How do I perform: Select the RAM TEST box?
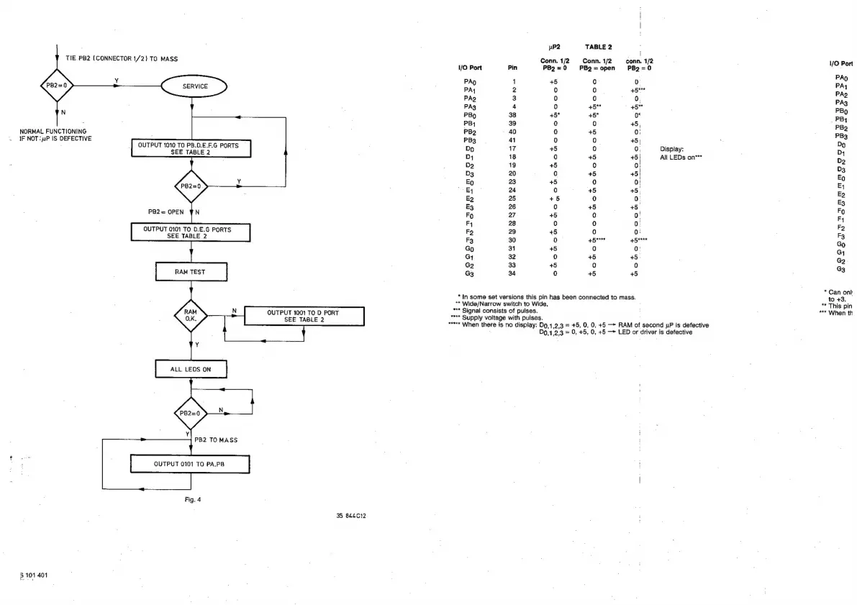click(x=191, y=272)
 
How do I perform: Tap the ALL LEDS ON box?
click(x=191, y=369)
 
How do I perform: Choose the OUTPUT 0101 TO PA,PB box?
click(x=191, y=464)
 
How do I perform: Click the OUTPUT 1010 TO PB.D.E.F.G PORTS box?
click(x=190, y=149)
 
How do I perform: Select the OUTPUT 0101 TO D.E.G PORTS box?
click(x=191, y=232)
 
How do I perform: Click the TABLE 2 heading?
click(x=598, y=47)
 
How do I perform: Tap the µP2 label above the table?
click(x=554, y=47)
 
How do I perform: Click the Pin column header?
click(x=512, y=68)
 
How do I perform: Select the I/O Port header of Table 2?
click(x=470, y=68)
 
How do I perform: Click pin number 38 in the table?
click(x=513, y=115)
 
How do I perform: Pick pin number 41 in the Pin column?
click(x=513, y=140)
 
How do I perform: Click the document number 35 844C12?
click(x=353, y=515)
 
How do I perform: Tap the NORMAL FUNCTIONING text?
click(x=53, y=131)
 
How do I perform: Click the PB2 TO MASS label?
click(x=216, y=439)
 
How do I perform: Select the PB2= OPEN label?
click(x=166, y=211)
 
